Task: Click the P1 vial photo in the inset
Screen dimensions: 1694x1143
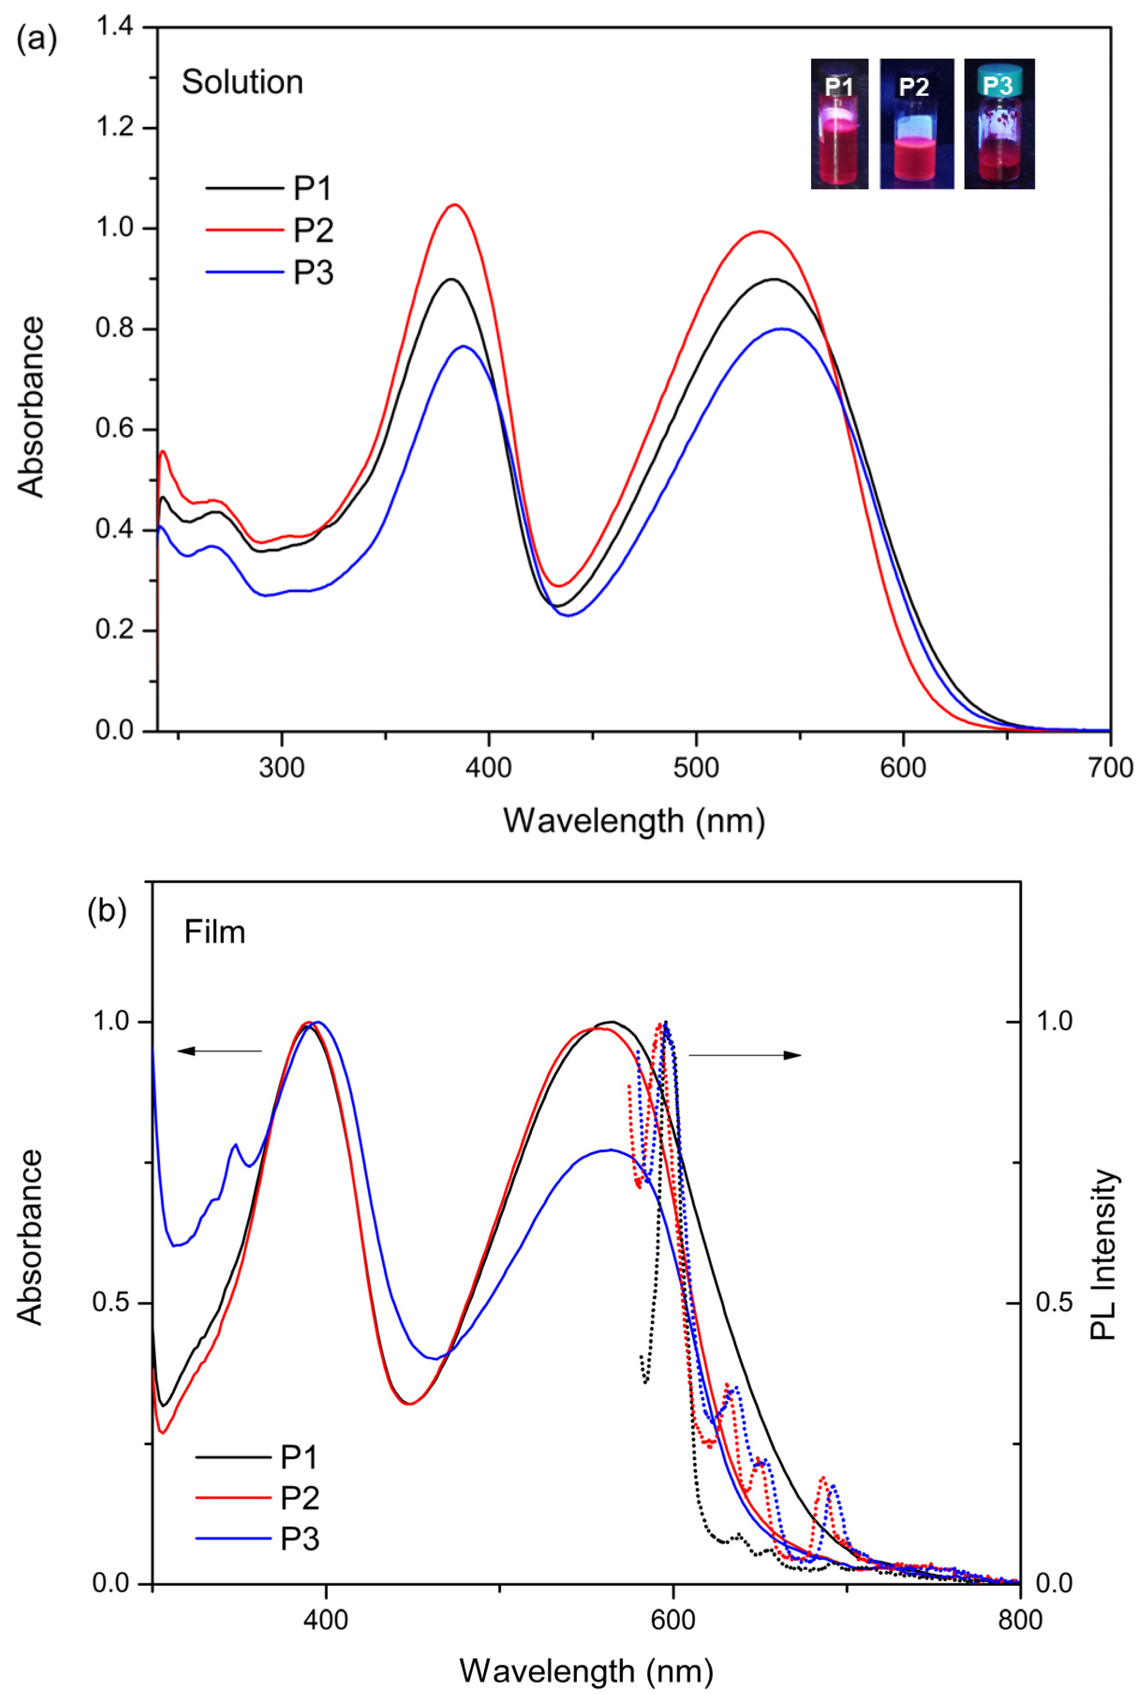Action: (x=839, y=124)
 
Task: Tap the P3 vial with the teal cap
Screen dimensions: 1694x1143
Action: (x=999, y=124)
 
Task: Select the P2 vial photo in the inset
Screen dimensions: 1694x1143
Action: (x=916, y=124)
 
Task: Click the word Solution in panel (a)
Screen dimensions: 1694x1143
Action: (x=242, y=82)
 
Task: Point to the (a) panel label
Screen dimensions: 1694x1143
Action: (x=37, y=38)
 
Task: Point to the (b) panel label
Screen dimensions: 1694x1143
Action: (x=106, y=912)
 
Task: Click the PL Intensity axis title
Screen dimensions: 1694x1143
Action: (x=1103, y=1255)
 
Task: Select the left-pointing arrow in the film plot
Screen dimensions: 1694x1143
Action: (x=219, y=1050)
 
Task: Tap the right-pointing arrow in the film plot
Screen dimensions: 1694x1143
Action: (x=745, y=1055)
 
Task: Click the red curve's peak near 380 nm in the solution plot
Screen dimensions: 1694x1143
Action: (x=455, y=205)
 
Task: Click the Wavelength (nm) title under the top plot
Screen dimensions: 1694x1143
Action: (x=634, y=821)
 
